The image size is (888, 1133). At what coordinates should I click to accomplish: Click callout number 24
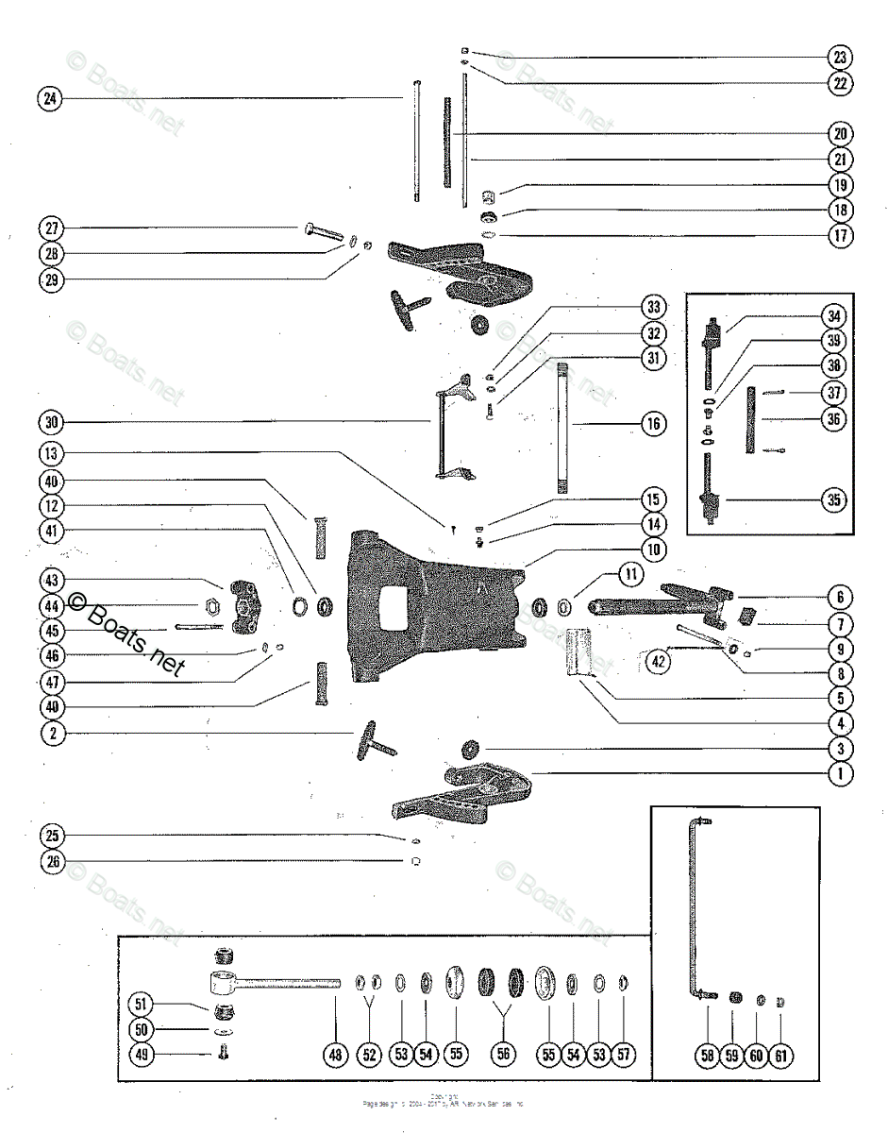tap(50, 98)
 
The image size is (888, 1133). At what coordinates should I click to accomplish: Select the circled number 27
tap(50, 228)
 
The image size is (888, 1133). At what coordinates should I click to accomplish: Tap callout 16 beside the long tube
tap(651, 423)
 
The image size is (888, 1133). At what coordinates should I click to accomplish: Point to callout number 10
tap(653, 548)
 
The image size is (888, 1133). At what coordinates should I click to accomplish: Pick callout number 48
tap(336, 1056)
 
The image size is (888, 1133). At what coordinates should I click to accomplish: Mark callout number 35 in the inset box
tap(833, 500)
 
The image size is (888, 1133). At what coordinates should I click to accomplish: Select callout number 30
tap(50, 421)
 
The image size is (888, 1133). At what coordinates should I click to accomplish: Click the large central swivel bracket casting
tap(434, 604)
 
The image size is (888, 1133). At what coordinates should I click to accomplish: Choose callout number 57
tap(624, 1056)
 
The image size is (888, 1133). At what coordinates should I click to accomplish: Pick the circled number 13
tap(50, 454)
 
